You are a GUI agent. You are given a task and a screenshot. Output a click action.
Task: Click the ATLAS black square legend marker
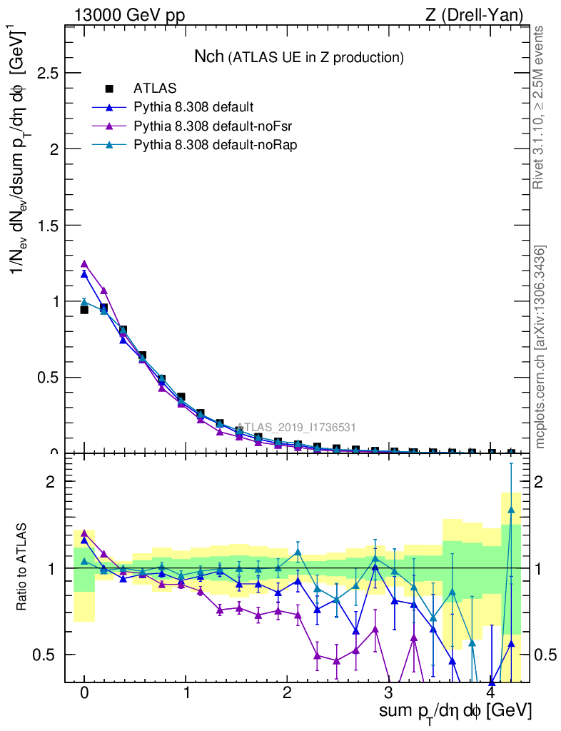tap(109, 89)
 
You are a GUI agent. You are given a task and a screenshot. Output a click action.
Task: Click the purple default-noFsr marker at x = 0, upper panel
tap(84, 263)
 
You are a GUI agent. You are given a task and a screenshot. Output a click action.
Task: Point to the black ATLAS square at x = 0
tap(84, 310)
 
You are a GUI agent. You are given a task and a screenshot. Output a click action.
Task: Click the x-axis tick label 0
tap(84, 693)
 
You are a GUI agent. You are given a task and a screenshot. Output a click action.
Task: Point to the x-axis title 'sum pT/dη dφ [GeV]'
tap(455, 711)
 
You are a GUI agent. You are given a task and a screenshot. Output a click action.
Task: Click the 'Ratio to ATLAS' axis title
tap(22, 568)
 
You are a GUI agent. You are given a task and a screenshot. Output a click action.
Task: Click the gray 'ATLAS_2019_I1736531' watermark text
tap(296, 428)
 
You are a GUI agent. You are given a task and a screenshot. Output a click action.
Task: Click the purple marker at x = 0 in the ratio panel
tap(84, 533)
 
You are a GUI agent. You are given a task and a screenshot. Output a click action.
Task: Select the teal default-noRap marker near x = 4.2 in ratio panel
tap(511, 510)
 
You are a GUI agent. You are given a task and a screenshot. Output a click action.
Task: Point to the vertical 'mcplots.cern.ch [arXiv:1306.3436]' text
tap(542, 346)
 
